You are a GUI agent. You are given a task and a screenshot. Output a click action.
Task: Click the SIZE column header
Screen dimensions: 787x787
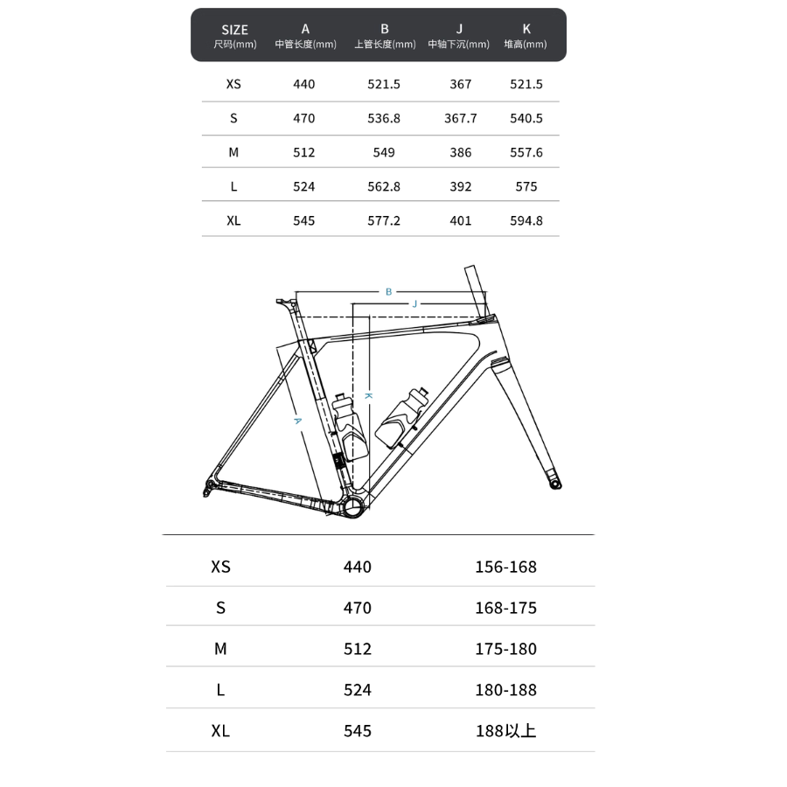coord(234,30)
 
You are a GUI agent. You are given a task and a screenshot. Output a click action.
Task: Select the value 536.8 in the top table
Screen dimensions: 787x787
coord(384,118)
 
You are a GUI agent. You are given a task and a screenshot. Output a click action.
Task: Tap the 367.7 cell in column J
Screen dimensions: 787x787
coord(460,118)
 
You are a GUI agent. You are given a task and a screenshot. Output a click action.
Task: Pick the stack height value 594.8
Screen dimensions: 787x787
coord(526,220)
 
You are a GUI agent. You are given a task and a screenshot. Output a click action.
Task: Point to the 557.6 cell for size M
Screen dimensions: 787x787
coord(526,152)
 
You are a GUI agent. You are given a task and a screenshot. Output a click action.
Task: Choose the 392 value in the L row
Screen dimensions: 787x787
coord(460,186)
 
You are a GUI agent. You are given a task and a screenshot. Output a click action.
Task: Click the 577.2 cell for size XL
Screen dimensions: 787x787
coord(384,220)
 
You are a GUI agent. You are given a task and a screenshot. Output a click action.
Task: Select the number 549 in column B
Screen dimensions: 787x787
coord(384,152)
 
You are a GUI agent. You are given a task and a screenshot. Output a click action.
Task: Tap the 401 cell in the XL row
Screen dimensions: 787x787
coord(460,220)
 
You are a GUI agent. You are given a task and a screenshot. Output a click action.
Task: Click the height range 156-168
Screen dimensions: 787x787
coord(505,567)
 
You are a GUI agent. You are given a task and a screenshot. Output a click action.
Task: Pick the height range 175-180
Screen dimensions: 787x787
coord(505,649)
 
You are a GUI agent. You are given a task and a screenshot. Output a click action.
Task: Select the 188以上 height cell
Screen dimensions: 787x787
coord(505,731)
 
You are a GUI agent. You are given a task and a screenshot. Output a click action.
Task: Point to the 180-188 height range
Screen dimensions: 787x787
coord(505,690)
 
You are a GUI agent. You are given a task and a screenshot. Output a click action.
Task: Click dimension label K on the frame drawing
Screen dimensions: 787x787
coord(369,396)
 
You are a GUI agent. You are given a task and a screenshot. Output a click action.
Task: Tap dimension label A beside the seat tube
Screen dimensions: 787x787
coord(297,421)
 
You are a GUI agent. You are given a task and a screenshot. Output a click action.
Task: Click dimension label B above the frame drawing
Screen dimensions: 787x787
coord(389,291)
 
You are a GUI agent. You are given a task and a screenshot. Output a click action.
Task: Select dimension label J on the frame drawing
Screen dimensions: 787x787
coord(415,303)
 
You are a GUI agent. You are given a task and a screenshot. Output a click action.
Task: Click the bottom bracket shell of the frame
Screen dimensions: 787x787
coord(352,507)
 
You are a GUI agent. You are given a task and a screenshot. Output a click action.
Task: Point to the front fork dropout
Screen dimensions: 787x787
coord(554,482)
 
